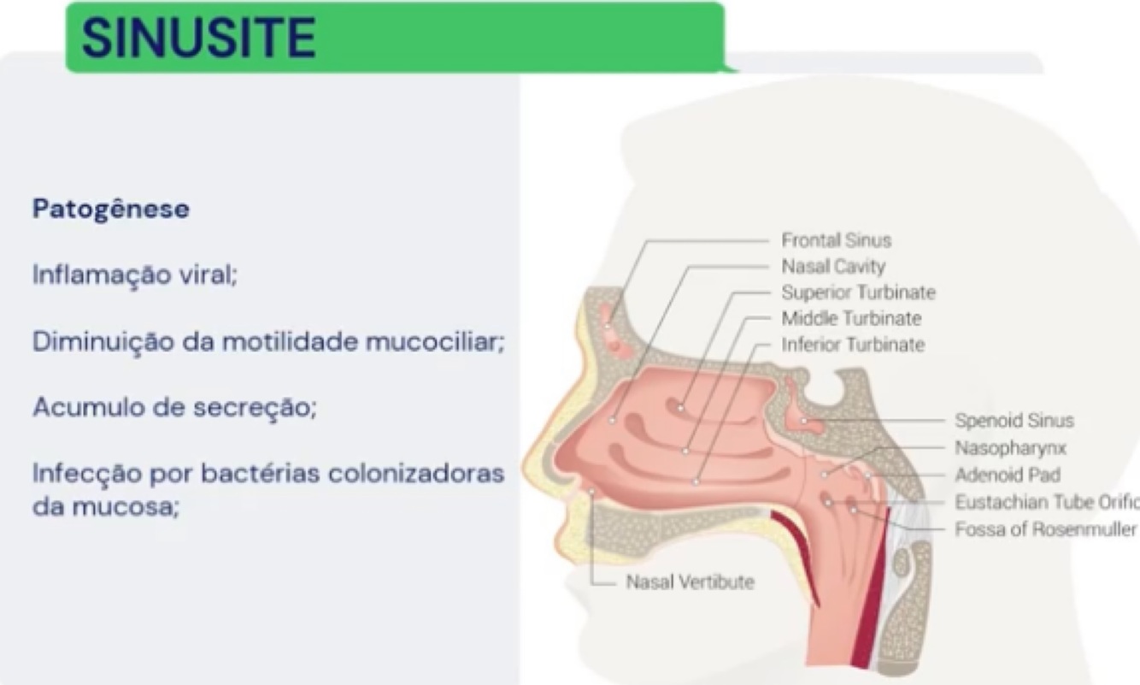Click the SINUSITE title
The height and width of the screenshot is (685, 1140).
pos(198,37)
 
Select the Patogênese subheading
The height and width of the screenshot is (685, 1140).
pos(110,209)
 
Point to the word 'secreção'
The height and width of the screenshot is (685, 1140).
pos(267,408)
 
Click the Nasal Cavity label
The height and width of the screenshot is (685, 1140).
pos(833,266)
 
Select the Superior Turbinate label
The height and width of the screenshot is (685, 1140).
pos(858,292)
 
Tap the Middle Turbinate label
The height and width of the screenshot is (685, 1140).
pos(851,319)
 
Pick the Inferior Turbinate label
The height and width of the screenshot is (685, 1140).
pos(853,345)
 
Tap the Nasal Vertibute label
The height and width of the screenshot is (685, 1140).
pos(690,582)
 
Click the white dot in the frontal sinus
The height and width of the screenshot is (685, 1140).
pos(607,326)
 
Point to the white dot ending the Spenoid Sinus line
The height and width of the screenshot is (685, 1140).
pos(803,421)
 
